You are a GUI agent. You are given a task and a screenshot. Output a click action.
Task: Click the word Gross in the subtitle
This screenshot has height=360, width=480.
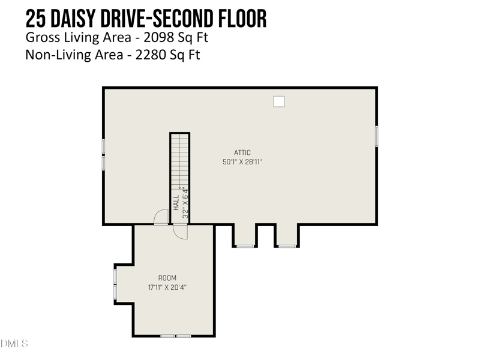41,38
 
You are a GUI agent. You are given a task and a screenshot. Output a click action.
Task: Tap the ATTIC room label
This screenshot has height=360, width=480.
242,152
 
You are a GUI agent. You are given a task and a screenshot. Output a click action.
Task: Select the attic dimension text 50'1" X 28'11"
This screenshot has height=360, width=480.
242,161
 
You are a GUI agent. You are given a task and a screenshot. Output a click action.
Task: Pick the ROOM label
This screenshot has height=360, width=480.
167,278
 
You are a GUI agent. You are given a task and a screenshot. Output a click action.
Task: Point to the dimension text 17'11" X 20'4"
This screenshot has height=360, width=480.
167,287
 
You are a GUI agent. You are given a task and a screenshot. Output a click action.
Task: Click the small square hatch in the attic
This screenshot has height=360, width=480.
278,101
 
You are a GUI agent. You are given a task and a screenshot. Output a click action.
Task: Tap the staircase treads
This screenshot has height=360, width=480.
179,159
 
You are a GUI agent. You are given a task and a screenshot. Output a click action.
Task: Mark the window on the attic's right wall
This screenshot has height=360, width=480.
376,136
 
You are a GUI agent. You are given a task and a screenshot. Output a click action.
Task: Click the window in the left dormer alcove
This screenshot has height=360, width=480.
245,246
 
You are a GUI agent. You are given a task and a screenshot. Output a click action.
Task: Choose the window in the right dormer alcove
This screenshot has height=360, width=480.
287,246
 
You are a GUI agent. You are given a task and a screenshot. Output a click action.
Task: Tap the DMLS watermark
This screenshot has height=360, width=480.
14,344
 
